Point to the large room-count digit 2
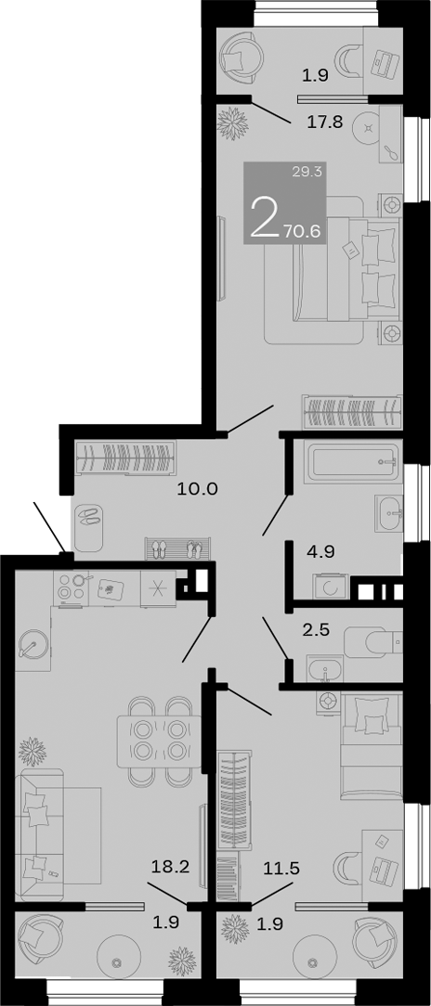[264, 220]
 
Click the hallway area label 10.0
[197, 488]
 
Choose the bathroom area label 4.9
[320, 551]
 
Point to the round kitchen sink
[35, 644]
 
